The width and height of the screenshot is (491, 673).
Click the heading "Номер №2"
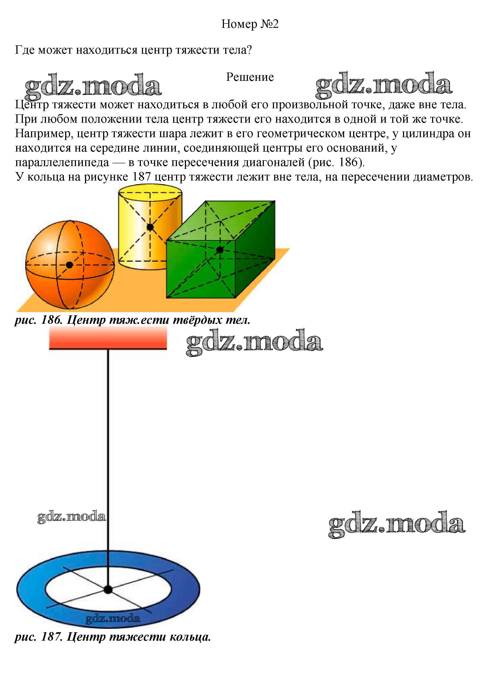tap(250, 24)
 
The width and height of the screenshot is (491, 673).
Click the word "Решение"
tap(250, 77)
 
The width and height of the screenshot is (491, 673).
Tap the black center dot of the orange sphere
tap(69, 265)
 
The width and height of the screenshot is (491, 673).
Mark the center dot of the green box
tap(220, 250)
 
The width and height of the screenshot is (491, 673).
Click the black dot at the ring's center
tap(108, 590)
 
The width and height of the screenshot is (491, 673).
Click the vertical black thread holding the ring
tap(108, 468)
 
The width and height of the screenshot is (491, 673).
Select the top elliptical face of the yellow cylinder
tap(150, 193)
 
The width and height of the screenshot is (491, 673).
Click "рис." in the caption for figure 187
tap(25, 637)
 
